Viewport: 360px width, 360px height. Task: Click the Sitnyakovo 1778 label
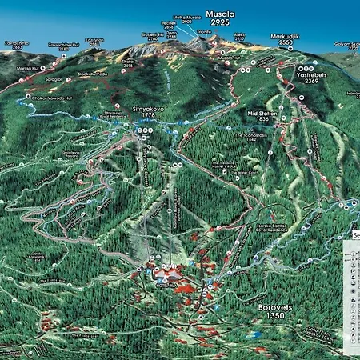(142, 111)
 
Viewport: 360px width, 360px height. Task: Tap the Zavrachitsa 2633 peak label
(17, 46)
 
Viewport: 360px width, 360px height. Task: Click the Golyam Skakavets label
(342, 47)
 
